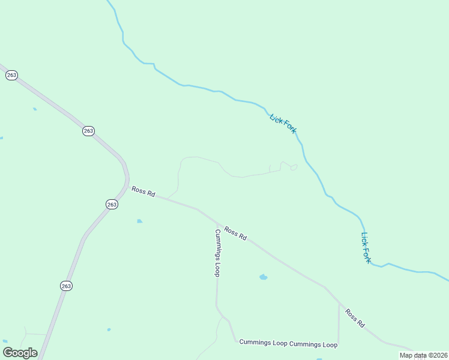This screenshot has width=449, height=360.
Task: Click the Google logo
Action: pyautogui.click(x=20, y=353)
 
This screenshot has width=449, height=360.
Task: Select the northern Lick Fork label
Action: pyautogui.click(x=283, y=124)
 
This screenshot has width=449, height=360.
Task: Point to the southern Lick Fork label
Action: pyautogui.click(x=366, y=248)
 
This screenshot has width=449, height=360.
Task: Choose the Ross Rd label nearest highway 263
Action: pyautogui.click(x=143, y=191)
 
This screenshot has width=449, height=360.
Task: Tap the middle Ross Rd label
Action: pyautogui.click(x=235, y=233)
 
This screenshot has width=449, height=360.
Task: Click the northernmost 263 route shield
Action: pyautogui.click(x=11, y=75)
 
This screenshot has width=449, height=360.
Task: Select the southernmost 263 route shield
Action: pyautogui.click(x=66, y=286)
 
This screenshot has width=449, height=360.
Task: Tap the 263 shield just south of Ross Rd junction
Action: pyautogui.click(x=112, y=204)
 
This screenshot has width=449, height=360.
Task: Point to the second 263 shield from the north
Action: pyautogui.click(x=89, y=131)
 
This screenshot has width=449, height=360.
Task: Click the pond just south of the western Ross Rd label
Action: pyautogui.click(x=140, y=221)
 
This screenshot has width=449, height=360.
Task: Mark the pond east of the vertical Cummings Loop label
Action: pyautogui.click(x=263, y=277)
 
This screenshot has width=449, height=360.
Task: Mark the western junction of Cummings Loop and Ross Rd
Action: pyautogui.click(x=216, y=223)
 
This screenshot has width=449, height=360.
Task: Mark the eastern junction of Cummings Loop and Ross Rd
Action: pyautogui.click(x=339, y=303)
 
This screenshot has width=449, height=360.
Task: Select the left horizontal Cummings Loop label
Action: pyautogui.click(x=264, y=342)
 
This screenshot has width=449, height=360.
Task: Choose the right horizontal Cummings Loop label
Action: pyautogui.click(x=313, y=345)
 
